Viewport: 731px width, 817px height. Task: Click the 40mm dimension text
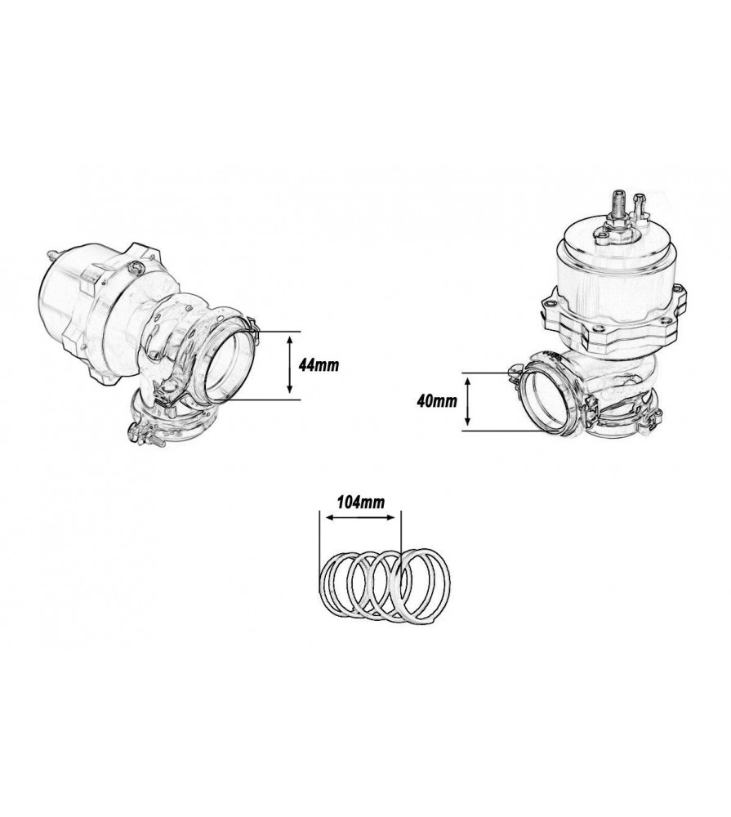[434, 402]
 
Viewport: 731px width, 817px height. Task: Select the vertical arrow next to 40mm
[468, 402]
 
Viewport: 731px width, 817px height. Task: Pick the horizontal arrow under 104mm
[360, 516]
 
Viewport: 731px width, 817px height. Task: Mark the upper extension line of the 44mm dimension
[270, 331]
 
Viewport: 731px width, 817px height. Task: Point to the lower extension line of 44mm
[261, 398]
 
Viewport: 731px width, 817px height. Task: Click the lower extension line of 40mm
[498, 430]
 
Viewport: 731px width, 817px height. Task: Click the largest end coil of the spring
[421, 584]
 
